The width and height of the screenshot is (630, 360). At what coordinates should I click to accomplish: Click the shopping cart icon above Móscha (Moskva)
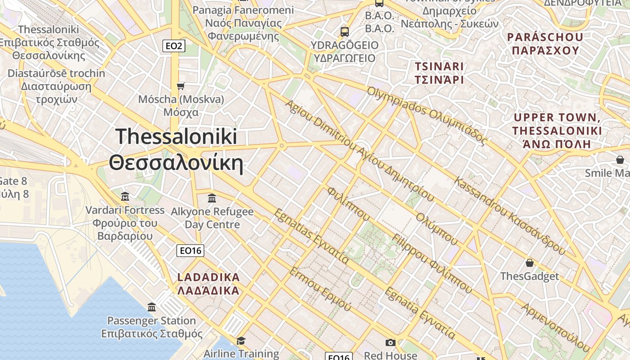[x=181, y=86]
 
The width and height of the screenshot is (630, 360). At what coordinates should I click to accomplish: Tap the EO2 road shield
[x=174, y=45]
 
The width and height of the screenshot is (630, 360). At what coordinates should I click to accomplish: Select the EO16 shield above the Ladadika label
[x=190, y=251]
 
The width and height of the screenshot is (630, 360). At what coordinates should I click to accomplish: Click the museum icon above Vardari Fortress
[x=125, y=197]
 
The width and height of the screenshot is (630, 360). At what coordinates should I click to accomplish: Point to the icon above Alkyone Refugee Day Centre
[x=212, y=198]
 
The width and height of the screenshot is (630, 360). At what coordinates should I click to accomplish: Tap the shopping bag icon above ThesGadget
[x=530, y=263]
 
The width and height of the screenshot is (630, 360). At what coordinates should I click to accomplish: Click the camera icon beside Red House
[x=391, y=343]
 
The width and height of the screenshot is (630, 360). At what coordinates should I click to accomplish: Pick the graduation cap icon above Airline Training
[x=241, y=340]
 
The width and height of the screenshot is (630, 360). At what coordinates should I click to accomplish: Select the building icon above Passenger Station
[x=152, y=307]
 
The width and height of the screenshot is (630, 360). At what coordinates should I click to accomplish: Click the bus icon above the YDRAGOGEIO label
[x=345, y=32]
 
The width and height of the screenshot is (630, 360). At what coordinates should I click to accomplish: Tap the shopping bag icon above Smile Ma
[x=620, y=160]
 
